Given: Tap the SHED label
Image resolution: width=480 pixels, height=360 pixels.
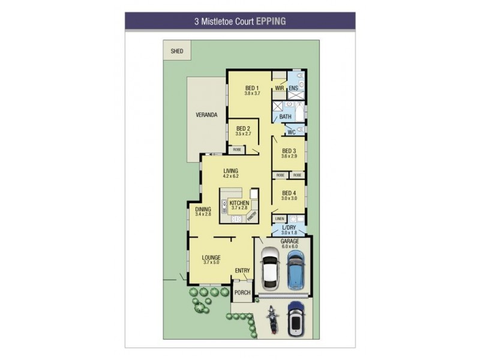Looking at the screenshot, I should [x=176, y=52].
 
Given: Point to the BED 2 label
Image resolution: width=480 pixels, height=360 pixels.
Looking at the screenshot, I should [x=243, y=128].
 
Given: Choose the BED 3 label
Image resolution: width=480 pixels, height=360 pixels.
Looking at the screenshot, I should [x=289, y=151].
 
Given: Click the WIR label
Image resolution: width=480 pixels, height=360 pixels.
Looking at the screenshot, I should [x=279, y=88].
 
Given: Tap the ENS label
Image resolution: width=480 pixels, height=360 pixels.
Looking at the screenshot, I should [x=293, y=88].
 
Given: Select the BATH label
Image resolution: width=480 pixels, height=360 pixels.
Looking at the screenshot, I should [x=286, y=116].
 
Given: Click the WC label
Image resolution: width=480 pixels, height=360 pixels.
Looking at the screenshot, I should [x=291, y=131].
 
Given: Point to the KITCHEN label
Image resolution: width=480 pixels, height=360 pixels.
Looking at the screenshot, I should [x=239, y=203].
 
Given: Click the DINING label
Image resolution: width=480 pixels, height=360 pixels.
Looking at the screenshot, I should [x=203, y=209].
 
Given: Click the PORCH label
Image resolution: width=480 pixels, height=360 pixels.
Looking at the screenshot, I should [x=242, y=293].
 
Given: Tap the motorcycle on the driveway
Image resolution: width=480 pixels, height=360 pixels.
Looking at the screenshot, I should [x=271, y=319].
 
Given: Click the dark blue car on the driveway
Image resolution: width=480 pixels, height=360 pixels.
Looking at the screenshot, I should [x=295, y=319].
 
